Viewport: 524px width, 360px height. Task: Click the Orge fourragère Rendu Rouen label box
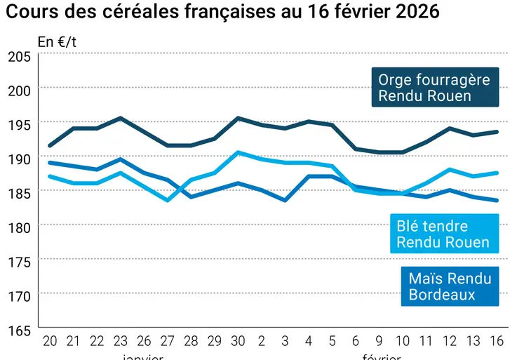(x=435, y=88)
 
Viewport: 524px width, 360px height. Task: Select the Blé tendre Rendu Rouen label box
(x=443, y=234)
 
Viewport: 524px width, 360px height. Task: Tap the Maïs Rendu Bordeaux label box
(x=450, y=286)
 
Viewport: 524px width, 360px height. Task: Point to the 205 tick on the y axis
(x=19, y=57)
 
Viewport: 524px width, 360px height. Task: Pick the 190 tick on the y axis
(x=19, y=159)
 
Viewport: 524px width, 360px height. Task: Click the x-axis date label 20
(x=50, y=341)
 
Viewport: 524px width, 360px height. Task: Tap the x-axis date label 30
(x=238, y=341)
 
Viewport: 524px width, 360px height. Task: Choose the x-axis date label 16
(x=497, y=341)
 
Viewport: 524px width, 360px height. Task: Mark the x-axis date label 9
(x=379, y=341)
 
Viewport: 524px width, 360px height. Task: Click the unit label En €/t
(x=58, y=41)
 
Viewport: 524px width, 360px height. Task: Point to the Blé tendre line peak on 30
(x=238, y=152)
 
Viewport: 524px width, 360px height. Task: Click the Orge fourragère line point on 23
(x=121, y=118)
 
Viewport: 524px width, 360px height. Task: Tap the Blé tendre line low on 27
(x=168, y=200)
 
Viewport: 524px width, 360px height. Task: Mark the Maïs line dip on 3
(x=285, y=200)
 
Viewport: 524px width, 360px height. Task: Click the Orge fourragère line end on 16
(x=497, y=132)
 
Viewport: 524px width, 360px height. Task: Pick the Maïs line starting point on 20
(x=50, y=163)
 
